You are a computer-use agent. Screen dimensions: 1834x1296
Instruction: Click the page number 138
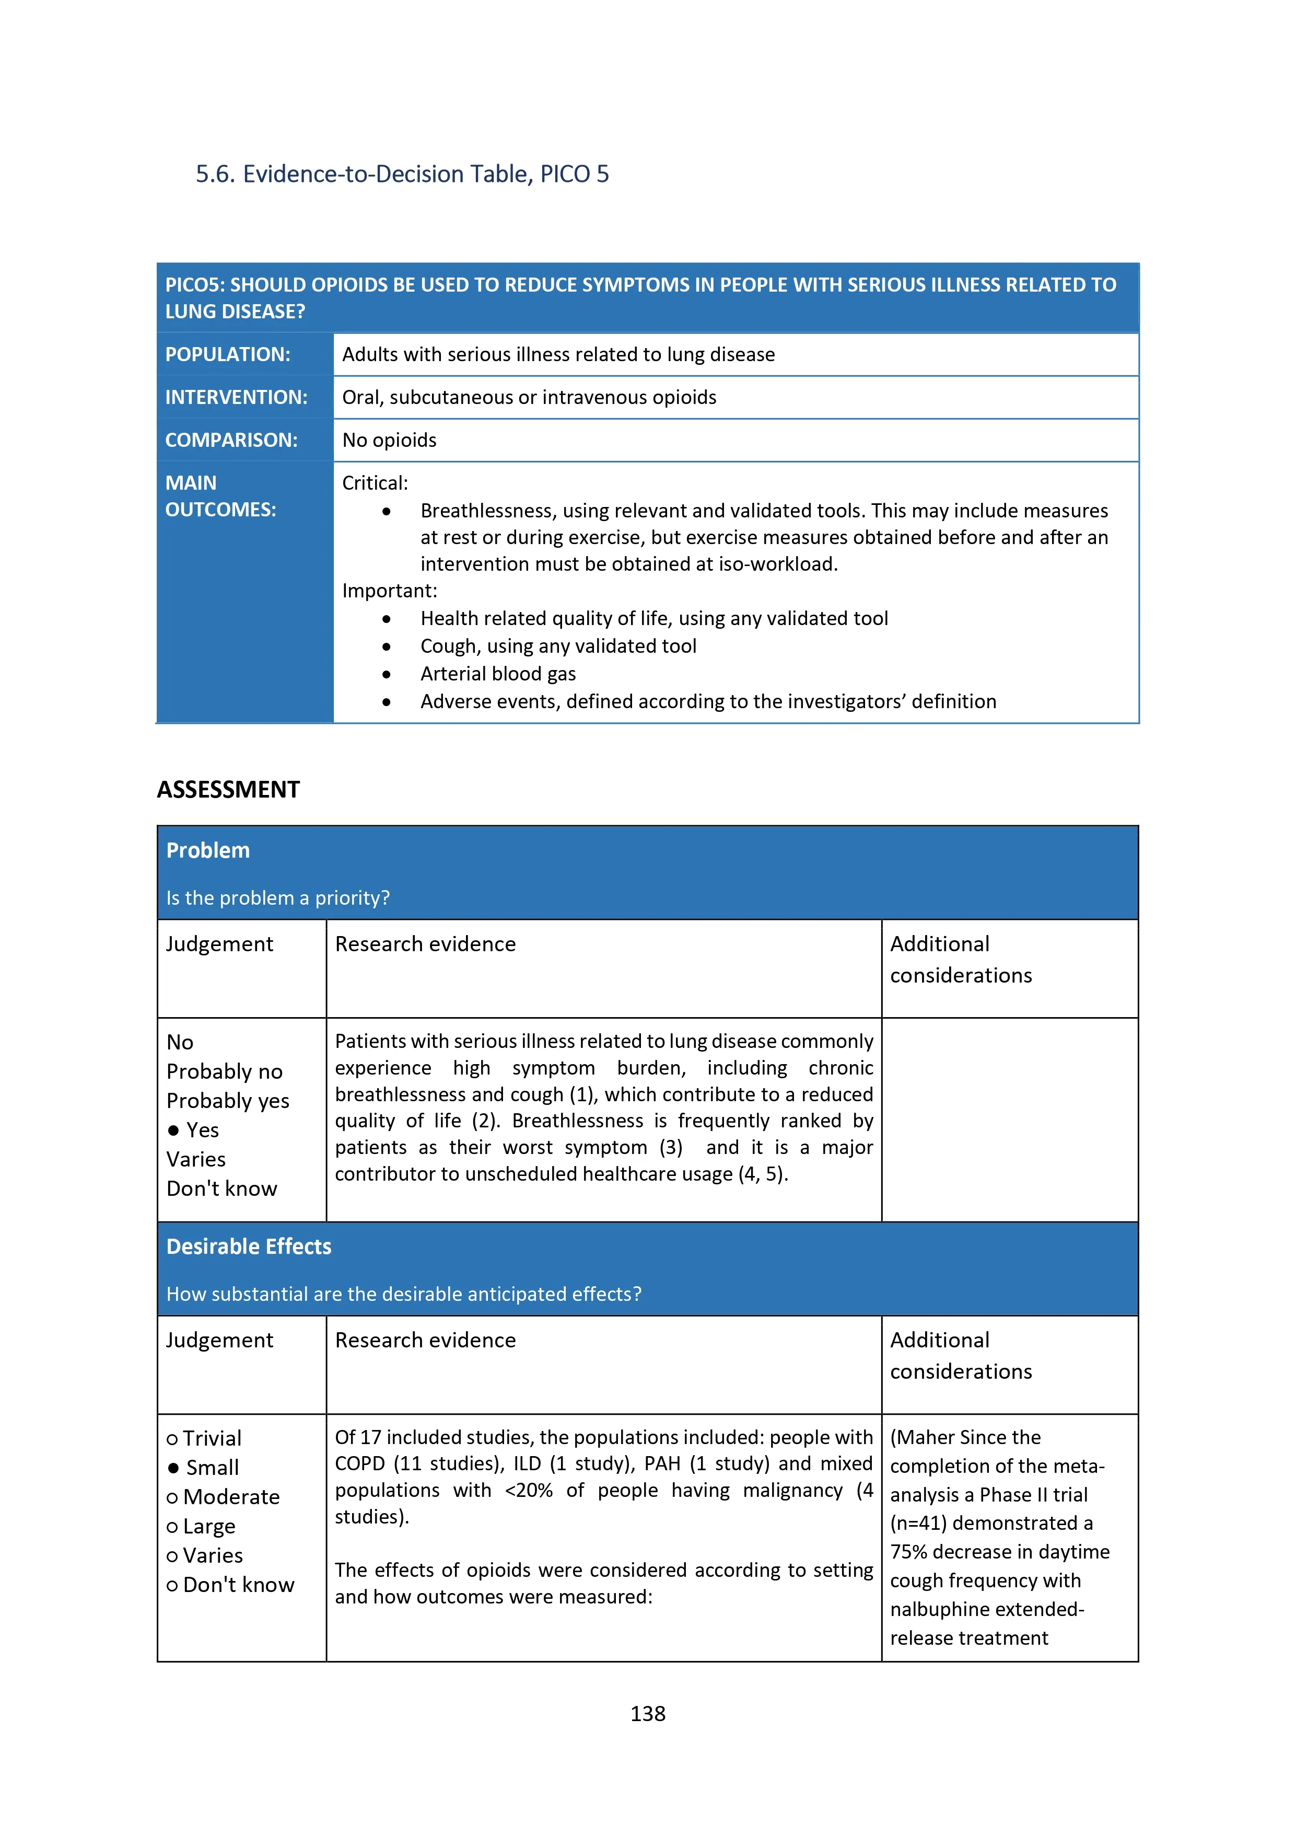[x=648, y=1713]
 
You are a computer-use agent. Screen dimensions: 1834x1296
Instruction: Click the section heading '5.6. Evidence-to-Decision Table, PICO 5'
[x=402, y=174]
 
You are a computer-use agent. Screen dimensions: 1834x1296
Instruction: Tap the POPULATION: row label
[x=228, y=355]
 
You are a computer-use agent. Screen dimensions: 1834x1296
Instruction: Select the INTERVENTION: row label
[x=236, y=397]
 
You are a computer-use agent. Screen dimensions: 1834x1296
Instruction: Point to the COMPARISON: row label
[x=231, y=440]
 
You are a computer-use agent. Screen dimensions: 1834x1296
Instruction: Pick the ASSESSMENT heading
[x=228, y=789]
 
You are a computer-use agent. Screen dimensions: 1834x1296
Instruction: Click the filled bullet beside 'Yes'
[x=173, y=1131]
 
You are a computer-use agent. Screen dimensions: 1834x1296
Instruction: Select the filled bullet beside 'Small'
[x=173, y=1468]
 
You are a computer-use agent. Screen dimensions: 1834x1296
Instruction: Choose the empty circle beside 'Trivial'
[x=172, y=1439]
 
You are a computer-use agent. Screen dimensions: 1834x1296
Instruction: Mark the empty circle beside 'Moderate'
[x=172, y=1498]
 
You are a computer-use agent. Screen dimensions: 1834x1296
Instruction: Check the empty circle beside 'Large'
[x=172, y=1527]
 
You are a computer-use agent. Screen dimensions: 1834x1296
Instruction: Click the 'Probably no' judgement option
[x=225, y=1071]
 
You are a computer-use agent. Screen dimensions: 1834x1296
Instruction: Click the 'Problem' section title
[x=207, y=851]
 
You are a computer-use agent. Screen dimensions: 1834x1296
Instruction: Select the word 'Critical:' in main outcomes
[x=375, y=483]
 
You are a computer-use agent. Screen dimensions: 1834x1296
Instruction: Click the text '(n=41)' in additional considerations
[x=918, y=1523]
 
